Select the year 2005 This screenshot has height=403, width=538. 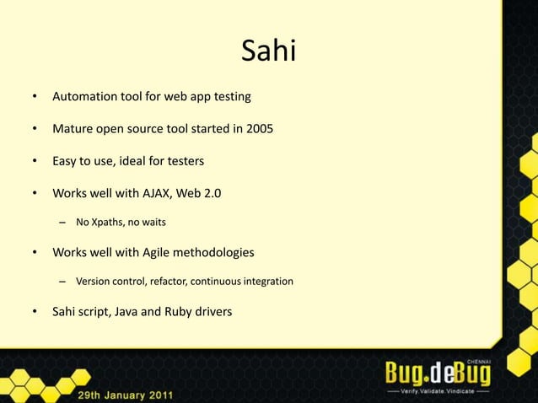(256, 130)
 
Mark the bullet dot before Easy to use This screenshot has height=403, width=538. (35, 161)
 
